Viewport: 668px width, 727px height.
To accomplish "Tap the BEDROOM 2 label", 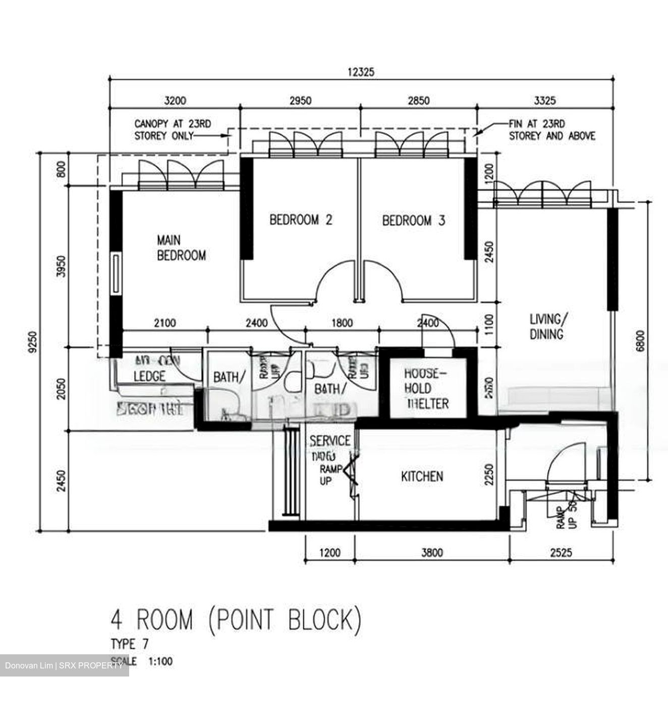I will [x=301, y=220].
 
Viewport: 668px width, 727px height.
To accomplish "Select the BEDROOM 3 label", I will [x=413, y=221].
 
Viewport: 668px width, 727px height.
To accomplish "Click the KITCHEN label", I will [x=422, y=476].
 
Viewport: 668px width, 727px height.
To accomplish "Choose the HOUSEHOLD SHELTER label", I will [x=426, y=388].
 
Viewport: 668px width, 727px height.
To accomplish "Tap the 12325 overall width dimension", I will [x=361, y=72].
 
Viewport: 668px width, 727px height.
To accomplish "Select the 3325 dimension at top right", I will [x=545, y=100].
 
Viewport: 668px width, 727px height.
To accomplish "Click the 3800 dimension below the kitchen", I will [x=432, y=553].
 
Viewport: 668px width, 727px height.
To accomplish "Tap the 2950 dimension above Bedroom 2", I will [x=300, y=100].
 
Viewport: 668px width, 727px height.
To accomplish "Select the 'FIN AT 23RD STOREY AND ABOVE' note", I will [x=551, y=130].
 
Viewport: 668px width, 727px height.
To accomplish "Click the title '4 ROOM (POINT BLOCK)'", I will [x=236, y=620].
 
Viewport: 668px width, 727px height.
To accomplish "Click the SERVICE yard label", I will [x=329, y=441].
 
